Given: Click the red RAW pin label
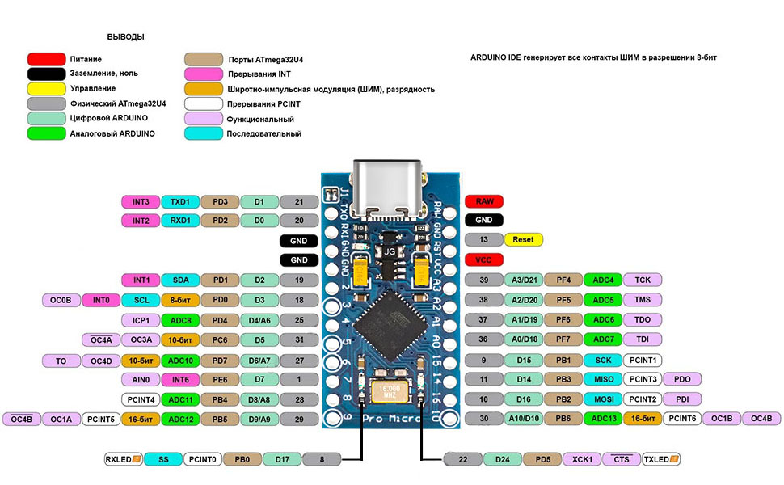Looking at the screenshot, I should (x=484, y=201).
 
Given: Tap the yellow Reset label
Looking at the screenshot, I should (x=523, y=240).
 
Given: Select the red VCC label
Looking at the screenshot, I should (x=484, y=259).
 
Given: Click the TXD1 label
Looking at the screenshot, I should (x=179, y=201).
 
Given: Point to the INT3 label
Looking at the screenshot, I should (x=141, y=201).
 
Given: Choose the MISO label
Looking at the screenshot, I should (x=603, y=379).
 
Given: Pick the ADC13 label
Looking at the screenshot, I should (x=603, y=418).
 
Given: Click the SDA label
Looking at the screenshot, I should (x=179, y=280).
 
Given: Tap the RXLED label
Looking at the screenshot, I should (x=124, y=459).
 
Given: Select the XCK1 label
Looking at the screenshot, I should (x=582, y=459).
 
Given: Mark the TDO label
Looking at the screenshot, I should (x=643, y=319).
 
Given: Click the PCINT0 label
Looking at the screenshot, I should (x=203, y=459).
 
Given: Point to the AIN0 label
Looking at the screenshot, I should (x=141, y=379).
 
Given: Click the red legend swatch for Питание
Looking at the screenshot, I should (x=46, y=59).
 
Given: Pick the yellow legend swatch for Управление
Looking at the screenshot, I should (x=46, y=88).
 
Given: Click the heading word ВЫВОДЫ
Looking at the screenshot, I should (x=126, y=37).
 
